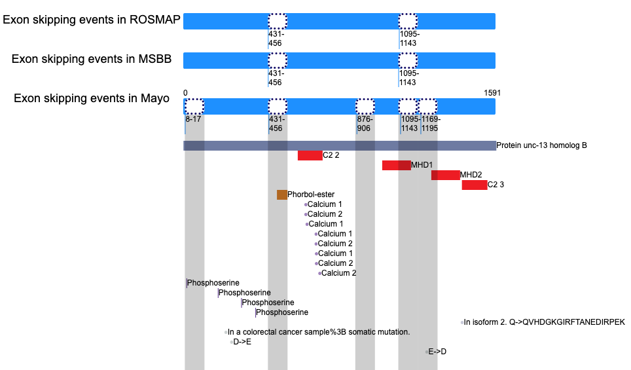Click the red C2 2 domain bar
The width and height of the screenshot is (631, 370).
pyautogui.click(x=310, y=155)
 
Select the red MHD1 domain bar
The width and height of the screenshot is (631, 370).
pyautogui.click(x=397, y=165)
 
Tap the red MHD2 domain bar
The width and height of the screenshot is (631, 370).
pyautogui.click(x=446, y=175)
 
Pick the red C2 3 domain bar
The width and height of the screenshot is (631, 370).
pyautogui.click(x=475, y=185)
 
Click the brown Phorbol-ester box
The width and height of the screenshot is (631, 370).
pyautogui.click(x=282, y=195)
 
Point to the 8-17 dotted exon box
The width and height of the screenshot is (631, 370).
pyautogui.click(x=194, y=106)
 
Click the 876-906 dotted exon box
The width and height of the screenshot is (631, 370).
pyautogui.click(x=365, y=106)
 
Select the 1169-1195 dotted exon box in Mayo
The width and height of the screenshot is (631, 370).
pyautogui.click(x=427, y=106)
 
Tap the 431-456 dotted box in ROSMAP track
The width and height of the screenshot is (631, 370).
pyautogui.click(x=278, y=22)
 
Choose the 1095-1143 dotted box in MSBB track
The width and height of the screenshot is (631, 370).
pyautogui.click(x=408, y=60)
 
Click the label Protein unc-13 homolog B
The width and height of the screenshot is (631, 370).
pyautogui.click(x=542, y=145)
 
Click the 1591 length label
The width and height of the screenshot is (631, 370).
pyautogui.click(x=492, y=93)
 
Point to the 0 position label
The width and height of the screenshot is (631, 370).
pyautogui.click(x=185, y=93)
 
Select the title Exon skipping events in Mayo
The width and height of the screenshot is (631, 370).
pyautogui.click(x=92, y=98)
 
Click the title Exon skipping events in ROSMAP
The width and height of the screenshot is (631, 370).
pyautogui.click(x=92, y=20)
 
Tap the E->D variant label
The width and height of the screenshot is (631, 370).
pyautogui.click(x=437, y=352)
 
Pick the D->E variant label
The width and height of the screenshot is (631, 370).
pyautogui.click(x=242, y=342)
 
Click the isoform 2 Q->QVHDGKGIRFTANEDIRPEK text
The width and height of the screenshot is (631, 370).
pyautogui.click(x=545, y=322)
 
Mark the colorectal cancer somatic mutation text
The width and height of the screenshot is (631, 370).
pyautogui.click(x=319, y=332)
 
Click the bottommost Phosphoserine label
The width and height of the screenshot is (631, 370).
pyautogui.click(x=282, y=312)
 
